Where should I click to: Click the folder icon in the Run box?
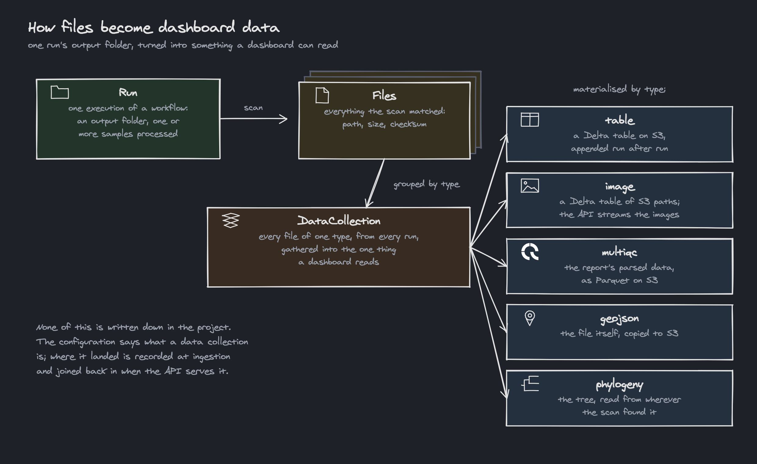(x=60, y=92)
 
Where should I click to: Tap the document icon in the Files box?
(x=322, y=95)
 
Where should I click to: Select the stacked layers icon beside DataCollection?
(x=231, y=221)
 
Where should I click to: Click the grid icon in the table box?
(x=530, y=120)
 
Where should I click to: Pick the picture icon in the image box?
(x=530, y=186)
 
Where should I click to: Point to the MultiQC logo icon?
(x=530, y=252)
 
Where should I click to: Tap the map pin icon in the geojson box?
(x=530, y=318)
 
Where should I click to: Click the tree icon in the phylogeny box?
(x=530, y=383)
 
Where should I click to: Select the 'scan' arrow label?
(x=253, y=108)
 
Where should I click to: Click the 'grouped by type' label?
(x=427, y=184)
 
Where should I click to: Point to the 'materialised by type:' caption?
(x=619, y=89)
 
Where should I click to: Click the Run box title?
(x=128, y=92)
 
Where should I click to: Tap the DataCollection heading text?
(x=339, y=221)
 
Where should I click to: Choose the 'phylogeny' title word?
(x=620, y=385)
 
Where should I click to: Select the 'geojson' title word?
(x=620, y=319)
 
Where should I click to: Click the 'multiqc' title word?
(x=619, y=252)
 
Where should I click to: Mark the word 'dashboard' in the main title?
(x=197, y=27)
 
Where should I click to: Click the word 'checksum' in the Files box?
(x=408, y=124)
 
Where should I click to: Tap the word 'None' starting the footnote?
(x=47, y=327)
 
